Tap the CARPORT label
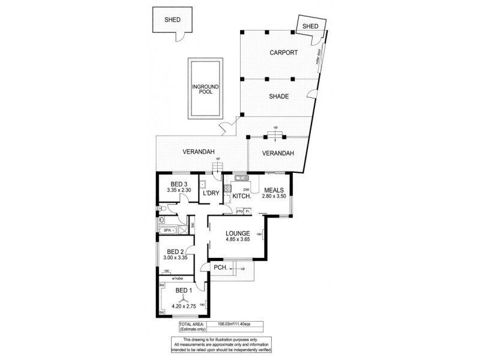tap(283, 53)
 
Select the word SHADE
tap(279, 97)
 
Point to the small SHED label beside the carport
tap(310, 26)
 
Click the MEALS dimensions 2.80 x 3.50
tap(274, 196)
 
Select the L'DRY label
tap(211, 193)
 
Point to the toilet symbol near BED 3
tap(163, 209)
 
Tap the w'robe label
tap(178, 278)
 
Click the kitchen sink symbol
tap(242, 178)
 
